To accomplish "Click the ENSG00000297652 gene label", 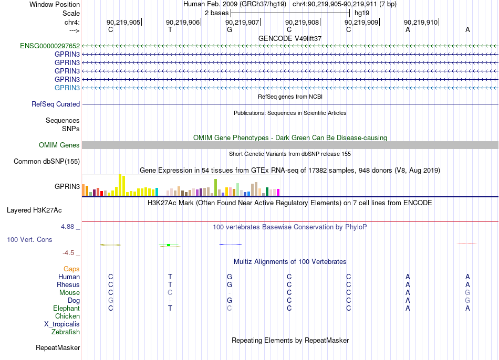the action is [x=50, y=46].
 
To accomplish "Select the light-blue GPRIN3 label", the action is [x=67, y=88].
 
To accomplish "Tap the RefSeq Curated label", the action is [x=56, y=104].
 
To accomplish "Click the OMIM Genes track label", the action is [x=59, y=145].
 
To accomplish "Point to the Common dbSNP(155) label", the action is [x=47, y=161].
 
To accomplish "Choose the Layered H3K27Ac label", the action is [x=34, y=210].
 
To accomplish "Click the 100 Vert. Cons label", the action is [x=29, y=239].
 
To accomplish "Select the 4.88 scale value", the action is [x=67, y=226].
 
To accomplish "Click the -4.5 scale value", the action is [x=68, y=253].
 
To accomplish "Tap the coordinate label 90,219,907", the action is [x=242, y=22].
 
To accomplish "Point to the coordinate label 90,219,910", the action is [x=421, y=22].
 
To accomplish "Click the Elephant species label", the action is [x=67, y=308].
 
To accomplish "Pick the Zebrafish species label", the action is [x=66, y=332].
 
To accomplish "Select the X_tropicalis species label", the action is [x=62, y=324].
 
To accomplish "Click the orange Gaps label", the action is [x=71, y=269].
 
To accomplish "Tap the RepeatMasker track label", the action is [x=58, y=347].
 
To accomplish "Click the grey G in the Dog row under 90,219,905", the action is [x=111, y=300].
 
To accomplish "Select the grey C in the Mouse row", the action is [x=170, y=292].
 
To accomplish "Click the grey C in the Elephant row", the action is [x=230, y=308].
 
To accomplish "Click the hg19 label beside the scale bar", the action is [x=362, y=13].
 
